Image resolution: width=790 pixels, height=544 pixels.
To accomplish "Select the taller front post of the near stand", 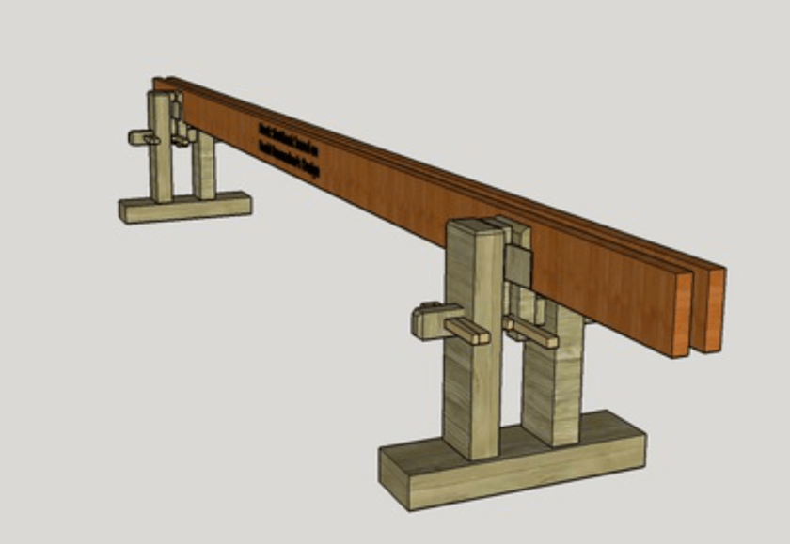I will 472,357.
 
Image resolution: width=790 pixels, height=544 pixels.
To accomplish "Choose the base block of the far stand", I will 184,207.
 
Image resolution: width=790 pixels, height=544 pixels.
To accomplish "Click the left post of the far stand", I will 161,150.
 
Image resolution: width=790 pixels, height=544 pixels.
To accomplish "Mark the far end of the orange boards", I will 162,84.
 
